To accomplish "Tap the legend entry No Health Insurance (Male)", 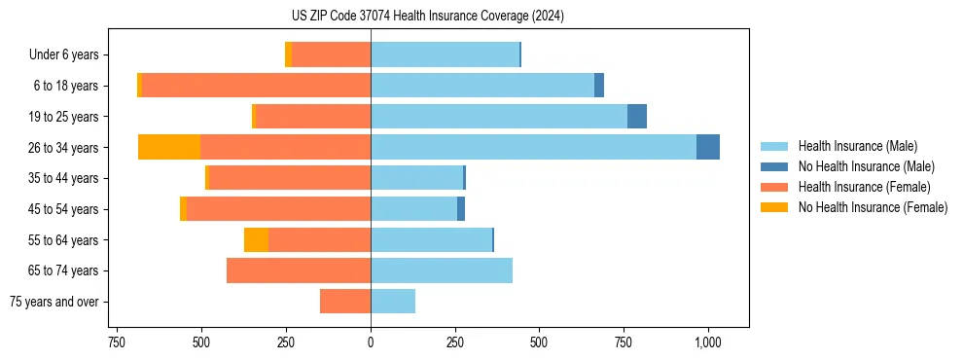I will pyautogui.click(x=860, y=166).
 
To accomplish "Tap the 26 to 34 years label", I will pyautogui.click(x=65, y=148).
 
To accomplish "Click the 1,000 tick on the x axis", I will pyautogui.click(x=707, y=343).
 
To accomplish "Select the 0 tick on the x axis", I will pyautogui.click(x=371, y=343).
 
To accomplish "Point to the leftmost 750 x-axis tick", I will pyautogui.click(x=116, y=343).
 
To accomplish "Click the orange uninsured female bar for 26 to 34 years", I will pyautogui.click(x=169, y=147).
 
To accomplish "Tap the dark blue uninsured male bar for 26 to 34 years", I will pyautogui.click(x=708, y=147).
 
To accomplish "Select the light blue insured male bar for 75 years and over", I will pyautogui.click(x=393, y=302).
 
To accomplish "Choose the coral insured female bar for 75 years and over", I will pyautogui.click(x=345, y=302).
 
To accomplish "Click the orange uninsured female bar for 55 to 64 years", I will pyautogui.click(x=256, y=239).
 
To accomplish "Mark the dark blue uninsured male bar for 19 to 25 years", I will pyautogui.click(x=637, y=116).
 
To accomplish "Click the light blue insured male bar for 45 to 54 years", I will pyautogui.click(x=413, y=208).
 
